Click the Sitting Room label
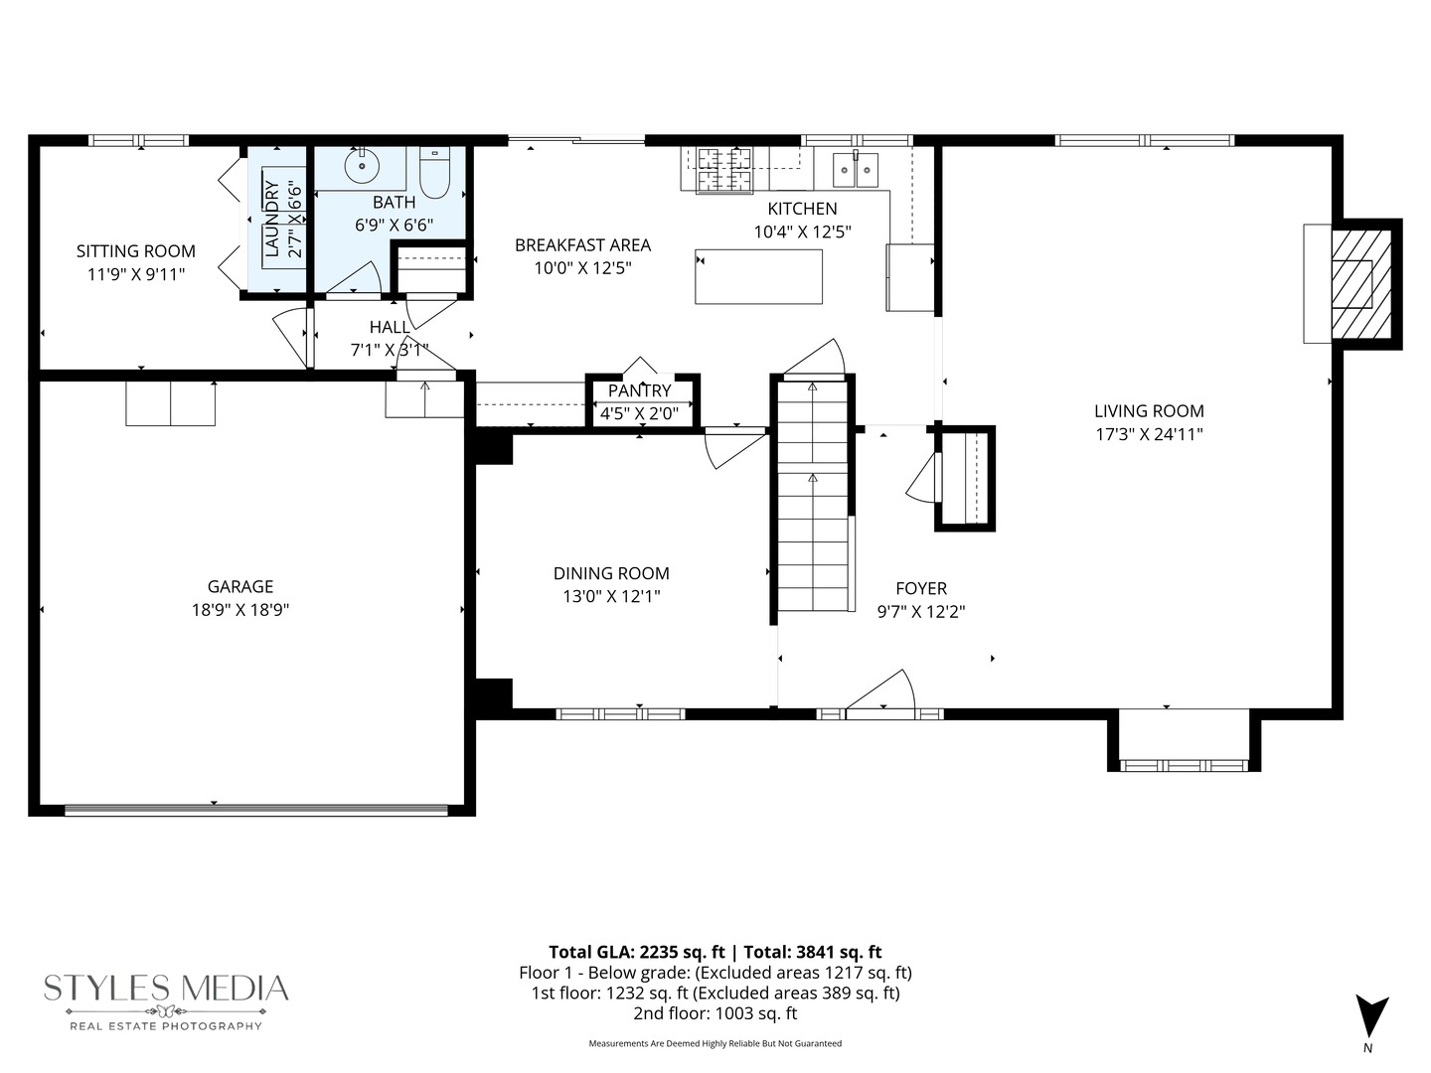point(136,251)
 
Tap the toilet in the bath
point(435,175)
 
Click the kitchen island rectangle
point(758,276)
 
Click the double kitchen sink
point(856,170)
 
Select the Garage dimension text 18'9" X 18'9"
point(240,610)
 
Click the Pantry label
point(639,390)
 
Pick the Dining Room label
point(611,573)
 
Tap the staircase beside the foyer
point(813,497)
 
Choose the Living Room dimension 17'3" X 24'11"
point(1149,434)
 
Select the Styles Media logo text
point(166,988)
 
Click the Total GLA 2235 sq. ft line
point(715,952)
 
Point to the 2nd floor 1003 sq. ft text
point(715,1013)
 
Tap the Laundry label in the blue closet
point(271,221)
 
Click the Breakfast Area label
point(582,244)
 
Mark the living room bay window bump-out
point(1184,740)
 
